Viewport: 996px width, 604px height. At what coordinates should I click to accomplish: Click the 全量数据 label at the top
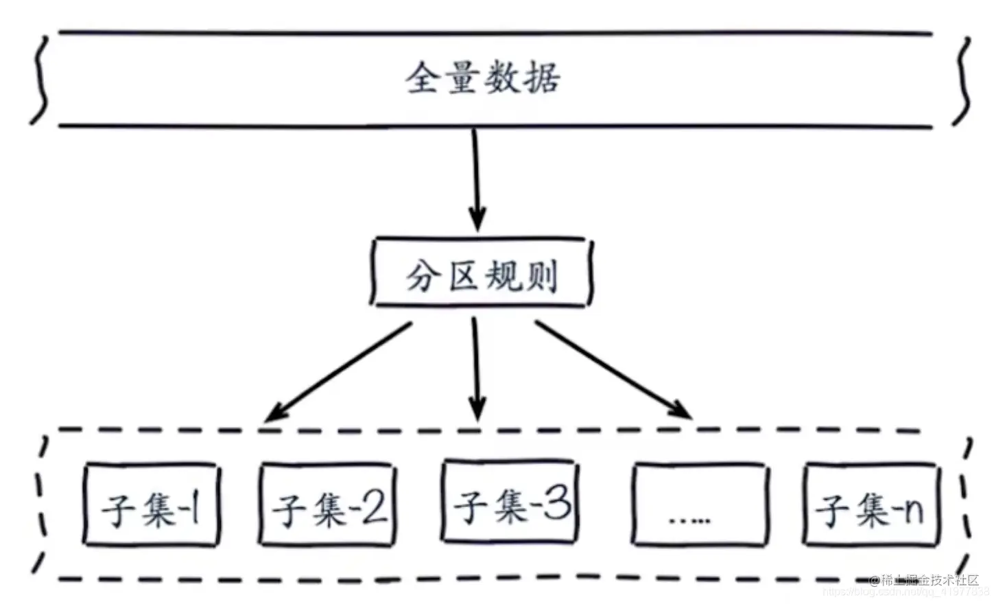(482, 78)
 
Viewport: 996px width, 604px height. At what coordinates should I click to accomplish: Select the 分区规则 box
(481, 272)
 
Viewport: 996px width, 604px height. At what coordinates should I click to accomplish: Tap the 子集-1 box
(151, 507)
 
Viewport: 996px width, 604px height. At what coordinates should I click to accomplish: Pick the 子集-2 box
(329, 507)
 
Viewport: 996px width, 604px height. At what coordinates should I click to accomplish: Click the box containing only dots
(700, 507)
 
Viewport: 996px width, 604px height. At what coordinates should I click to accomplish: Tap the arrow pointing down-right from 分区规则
(613, 371)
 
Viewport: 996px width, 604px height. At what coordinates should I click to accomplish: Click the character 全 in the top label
(423, 78)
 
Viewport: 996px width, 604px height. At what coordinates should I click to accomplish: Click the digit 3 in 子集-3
(558, 504)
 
